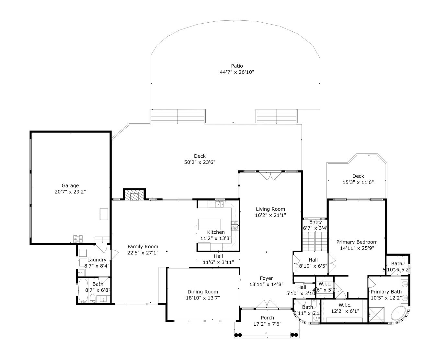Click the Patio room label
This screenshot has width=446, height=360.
coord(237,66)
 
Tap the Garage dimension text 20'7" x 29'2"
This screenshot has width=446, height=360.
coord(70,192)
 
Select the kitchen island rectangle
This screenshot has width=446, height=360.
coord(209,224)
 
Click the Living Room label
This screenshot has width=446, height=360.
coord(270,209)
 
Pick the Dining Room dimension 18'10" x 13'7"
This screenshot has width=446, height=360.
coord(203,298)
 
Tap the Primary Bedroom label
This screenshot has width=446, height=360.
coord(357,242)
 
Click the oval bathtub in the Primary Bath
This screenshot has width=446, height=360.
coord(398,313)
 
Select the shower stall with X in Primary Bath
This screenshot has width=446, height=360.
coord(376,315)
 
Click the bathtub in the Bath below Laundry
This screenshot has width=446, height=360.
coord(83,290)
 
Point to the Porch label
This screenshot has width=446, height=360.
coord(268,318)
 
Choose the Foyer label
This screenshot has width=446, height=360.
coord(266,278)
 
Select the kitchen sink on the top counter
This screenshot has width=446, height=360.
coord(220,204)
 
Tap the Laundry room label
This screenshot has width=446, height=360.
coord(97,260)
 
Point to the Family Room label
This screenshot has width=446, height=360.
coord(143,247)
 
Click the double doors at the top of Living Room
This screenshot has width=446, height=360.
coord(270,176)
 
